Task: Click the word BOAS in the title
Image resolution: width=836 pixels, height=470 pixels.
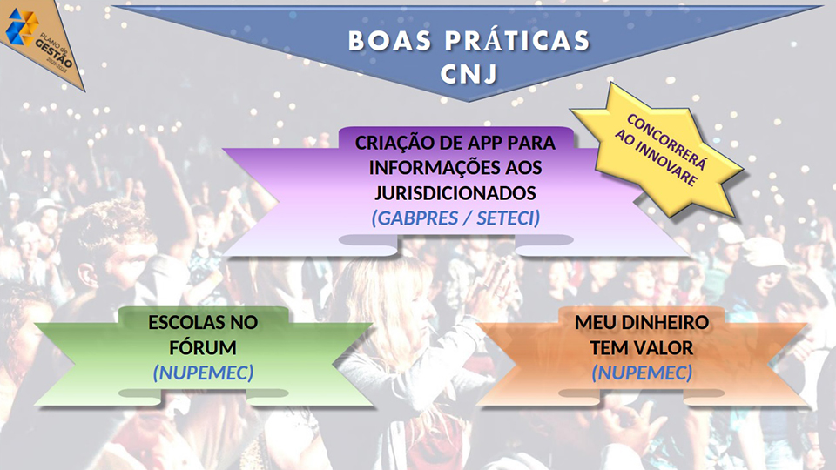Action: pos(390,41)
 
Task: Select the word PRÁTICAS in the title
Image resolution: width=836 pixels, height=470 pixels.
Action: pos(517,41)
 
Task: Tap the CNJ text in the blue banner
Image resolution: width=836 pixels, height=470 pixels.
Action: pos(469,74)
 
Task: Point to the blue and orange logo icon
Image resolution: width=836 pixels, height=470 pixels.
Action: pos(22,27)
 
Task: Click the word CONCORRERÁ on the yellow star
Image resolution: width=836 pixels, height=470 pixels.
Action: pos(666,142)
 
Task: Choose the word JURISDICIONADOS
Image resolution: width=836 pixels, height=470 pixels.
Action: pos(455,193)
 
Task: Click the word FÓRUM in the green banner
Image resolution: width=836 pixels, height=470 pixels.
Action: pos(203,347)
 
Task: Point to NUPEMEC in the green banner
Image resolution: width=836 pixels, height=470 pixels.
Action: pos(203,373)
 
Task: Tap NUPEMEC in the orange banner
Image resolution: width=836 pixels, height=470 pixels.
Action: pos(643,373)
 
